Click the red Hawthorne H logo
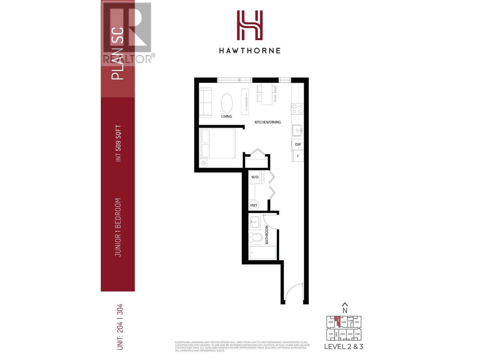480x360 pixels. click(250, 25)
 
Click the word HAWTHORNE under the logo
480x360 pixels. click(250, 51)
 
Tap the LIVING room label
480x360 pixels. click(226, 116)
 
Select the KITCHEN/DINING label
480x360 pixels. click(268, 122)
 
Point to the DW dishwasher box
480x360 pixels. click(298, 144)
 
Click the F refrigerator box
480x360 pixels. click(298, 156)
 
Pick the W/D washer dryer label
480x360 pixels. click(255, 177)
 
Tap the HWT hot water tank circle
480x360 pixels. click(253, 205)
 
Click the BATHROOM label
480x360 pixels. click(267, 235)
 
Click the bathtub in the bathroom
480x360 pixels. click(262, 253)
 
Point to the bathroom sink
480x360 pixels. click(255, 222)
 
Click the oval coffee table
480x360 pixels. click(227, 103)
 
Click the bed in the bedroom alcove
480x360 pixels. click(217, 143)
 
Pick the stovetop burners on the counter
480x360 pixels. click(297, 109)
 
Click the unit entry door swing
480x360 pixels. click(294, 292)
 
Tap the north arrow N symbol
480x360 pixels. click(345, 308)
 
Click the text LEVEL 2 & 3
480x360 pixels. click(344, 346)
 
